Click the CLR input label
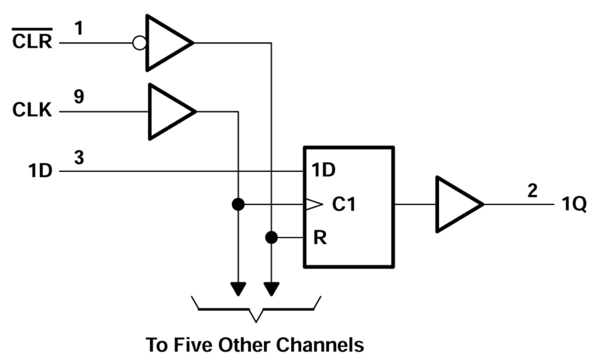32,41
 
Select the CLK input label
32,110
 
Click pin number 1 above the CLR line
79,26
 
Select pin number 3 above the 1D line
79,158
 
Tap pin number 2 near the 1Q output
532,191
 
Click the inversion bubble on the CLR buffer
139,43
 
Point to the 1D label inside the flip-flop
323,170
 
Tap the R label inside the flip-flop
320,238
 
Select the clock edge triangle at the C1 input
312,204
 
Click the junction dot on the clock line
237,204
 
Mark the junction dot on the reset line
271,237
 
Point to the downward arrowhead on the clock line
237,289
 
